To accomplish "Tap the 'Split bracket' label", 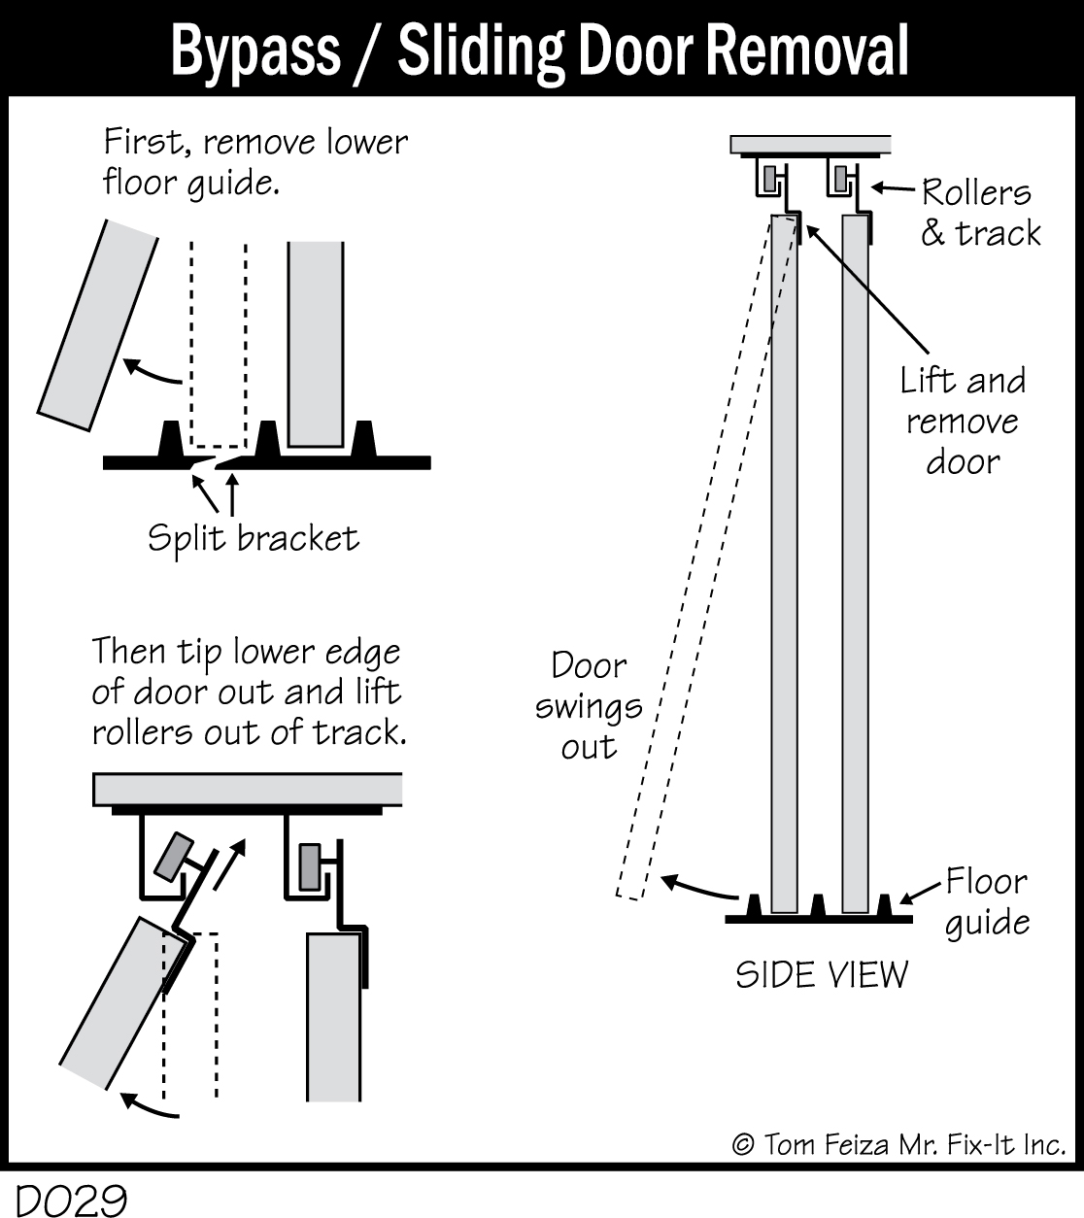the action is click(x=254, y=538).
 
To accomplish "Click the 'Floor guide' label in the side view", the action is click(x=987, y=901).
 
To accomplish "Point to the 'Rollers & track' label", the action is click(x=980, y=213).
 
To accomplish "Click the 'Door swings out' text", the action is click(x=589, y=706).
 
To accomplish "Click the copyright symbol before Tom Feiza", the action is click(x=744, y=1144).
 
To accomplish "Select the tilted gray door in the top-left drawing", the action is click(x=98, y=325).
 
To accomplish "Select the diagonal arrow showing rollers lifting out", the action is click(x=229, y=864).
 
